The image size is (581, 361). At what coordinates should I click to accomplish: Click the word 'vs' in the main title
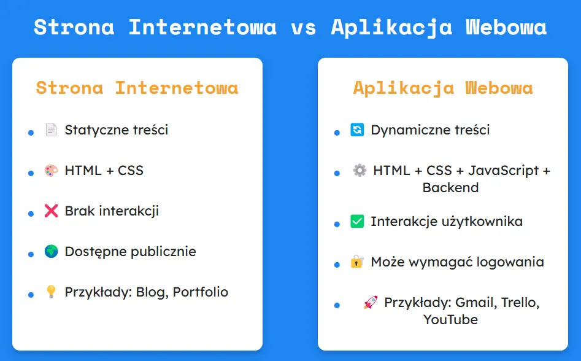[x=303, y=28]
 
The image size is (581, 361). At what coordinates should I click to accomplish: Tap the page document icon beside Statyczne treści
[x=51, y=130]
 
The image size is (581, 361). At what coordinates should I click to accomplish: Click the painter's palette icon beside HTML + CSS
[x=51, y=171]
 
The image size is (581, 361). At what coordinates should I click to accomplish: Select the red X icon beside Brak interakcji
[x=51, y=211]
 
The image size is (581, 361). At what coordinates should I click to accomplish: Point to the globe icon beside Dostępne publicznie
[x=51, y=252]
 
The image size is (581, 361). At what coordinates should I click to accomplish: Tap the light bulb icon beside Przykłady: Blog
[x=51, y=292]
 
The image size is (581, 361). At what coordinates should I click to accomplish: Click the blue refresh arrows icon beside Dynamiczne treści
[x=357, y=130]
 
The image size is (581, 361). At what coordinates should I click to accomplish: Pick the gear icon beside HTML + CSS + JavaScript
[x=360, y=171]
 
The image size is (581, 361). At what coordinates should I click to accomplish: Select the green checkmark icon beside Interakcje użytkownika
[x=357, y=222]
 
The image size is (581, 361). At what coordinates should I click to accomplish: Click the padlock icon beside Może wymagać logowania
[x=357, y=262]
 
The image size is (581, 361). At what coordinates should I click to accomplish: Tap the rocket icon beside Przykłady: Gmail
[x=370, y=303]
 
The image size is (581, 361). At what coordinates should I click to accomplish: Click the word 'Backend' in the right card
[x=450, y=187]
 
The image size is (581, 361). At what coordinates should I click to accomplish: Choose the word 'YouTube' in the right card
[x=450, y=319]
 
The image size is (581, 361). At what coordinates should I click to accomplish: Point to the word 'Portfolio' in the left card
[x=201, y=292]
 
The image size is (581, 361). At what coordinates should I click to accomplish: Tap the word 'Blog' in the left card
[x=151, y=292]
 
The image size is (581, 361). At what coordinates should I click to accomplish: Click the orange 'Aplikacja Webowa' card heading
[x=443, y=87]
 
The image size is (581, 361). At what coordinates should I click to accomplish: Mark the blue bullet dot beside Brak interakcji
[x=31, y=214]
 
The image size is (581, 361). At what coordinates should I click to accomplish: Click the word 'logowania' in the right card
[x=514, y=262]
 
